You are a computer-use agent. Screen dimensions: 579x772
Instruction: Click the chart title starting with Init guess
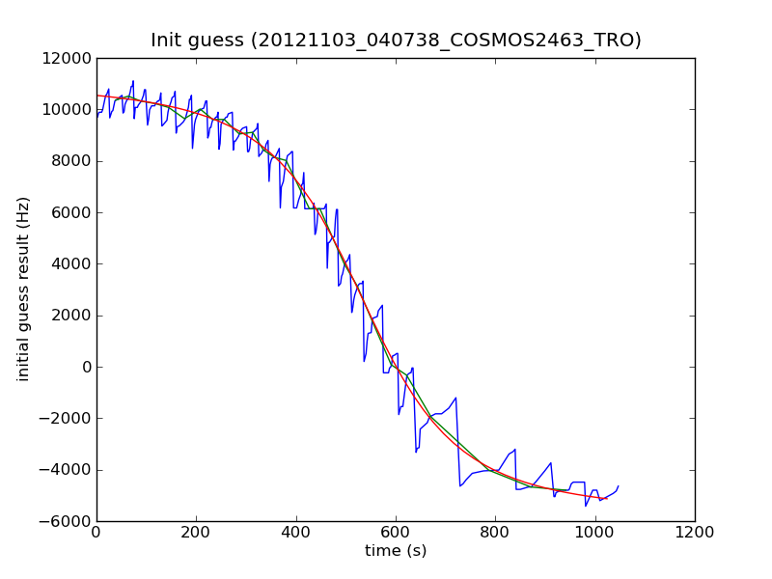[x=396, y=41]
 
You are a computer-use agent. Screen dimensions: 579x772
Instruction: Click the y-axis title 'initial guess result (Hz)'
[x=24, y=289]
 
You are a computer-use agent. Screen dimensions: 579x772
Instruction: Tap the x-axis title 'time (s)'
[x=396, y=551]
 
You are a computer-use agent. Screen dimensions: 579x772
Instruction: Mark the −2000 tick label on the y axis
[x=68, y=418]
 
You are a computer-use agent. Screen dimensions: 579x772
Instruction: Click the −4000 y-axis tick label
[x=68, y=470]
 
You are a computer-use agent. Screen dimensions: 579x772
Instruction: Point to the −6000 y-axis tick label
[x=68, y=521]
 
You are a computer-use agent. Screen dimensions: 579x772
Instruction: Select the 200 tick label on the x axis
[x=196, y=532]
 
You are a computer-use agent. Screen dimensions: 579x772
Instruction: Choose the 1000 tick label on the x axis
[x=595, y=532]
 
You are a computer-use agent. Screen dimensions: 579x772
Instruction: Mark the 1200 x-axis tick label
[x=695, y=532]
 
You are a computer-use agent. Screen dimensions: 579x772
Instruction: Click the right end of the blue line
[x=619, y=486]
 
